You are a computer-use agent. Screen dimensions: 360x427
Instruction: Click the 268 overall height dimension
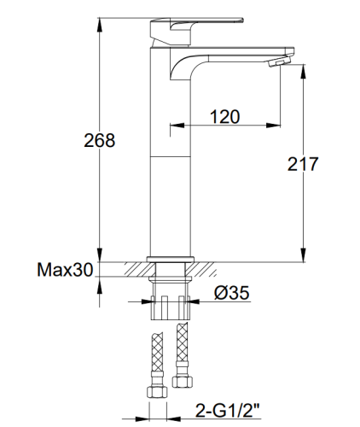(100, 140)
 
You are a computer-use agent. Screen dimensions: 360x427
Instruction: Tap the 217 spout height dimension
(303, 164)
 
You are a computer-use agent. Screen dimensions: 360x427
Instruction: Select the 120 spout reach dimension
(225, 117)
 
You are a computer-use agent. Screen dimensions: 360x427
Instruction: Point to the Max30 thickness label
(65, 270)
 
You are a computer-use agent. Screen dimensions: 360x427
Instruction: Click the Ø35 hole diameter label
(231, 293)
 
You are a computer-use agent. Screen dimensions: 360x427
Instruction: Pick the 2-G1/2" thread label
(228, 410)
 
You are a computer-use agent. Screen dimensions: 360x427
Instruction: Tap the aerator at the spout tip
(280, 61)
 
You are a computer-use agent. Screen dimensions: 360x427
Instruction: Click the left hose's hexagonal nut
(157, 392)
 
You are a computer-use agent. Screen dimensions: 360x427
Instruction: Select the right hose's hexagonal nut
(183, 382)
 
